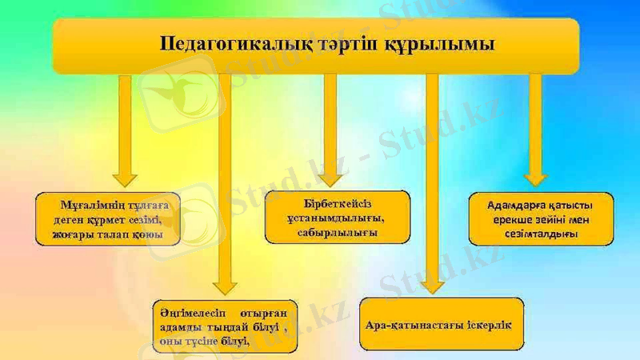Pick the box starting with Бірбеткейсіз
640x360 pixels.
coord(337,217)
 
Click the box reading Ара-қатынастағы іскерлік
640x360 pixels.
coord(442,324)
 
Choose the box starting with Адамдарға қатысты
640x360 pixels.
coord(541,218)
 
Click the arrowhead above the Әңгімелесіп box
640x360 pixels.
coord(225,284)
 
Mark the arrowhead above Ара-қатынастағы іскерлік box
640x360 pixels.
coord(433,284)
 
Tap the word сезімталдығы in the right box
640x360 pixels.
coord(541,234)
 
